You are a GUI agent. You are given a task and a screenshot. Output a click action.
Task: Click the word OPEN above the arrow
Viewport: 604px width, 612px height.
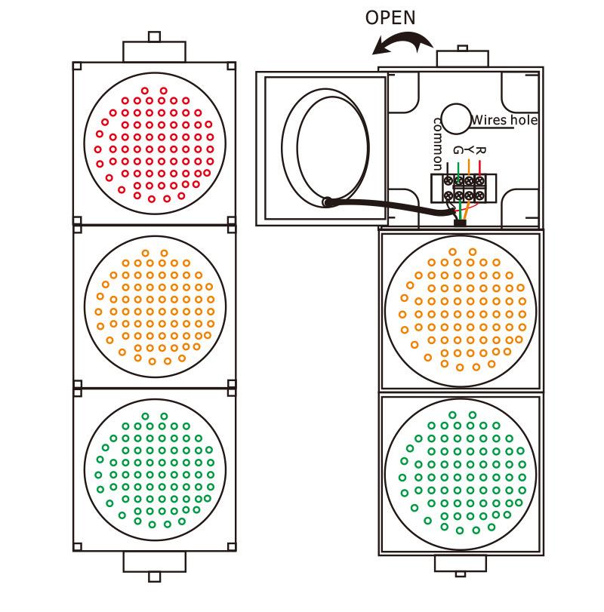pyautogui.click(x=390, y=17)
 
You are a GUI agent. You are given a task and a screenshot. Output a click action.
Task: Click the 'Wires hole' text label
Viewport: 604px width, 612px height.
pyautogui.click(x=504, y=120)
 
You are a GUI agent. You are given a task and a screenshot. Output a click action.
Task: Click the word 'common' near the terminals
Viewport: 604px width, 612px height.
pyautogui.click(x=436, y=143)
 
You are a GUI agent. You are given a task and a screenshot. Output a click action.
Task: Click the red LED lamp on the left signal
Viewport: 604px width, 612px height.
pyautogui.click(x=155, y=143)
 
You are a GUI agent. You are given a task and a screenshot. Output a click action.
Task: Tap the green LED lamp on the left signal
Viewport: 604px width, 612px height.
pyautogui.click(x=155, y=469)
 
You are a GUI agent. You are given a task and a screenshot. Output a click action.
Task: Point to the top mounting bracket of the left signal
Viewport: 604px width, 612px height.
pyautogui.click(x=154, y=48)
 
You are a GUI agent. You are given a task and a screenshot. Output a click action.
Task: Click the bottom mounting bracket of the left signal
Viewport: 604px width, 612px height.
pyautogui.click(x=154, y=564)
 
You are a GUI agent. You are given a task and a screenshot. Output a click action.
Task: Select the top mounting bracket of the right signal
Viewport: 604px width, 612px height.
pyautogui.click(x=461, y=57)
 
